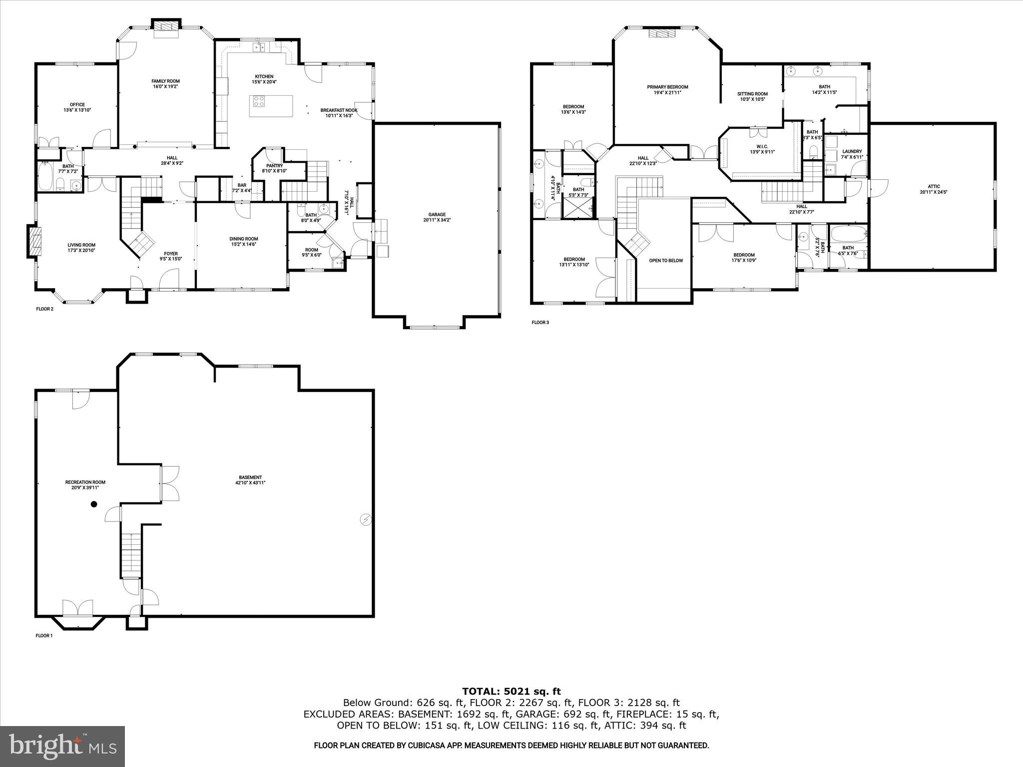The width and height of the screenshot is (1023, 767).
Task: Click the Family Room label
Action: coord(165,83)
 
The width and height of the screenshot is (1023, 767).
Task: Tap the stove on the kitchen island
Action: coord(259,102)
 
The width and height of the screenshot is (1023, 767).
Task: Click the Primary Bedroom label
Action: coord(667,89)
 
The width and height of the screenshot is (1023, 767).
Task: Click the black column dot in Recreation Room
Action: coord(93,504)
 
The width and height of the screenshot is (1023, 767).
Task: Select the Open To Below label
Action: coord(665,261)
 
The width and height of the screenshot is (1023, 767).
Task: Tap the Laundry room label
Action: coord(852,154)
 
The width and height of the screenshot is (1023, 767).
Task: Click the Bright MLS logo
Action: coord(62,747)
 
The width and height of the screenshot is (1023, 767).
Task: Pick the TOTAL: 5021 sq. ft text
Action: coord(511,692)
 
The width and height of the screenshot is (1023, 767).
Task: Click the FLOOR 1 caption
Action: coord(44,636)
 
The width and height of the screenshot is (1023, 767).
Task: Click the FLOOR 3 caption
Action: coord(540,323)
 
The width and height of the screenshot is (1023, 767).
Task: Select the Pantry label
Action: coord(274,168)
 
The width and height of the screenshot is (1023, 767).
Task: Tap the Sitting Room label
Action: coord(752,96)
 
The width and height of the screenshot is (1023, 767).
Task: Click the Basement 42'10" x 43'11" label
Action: coord(250,480)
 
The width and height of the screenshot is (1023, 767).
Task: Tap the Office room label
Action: coord(77,107)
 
